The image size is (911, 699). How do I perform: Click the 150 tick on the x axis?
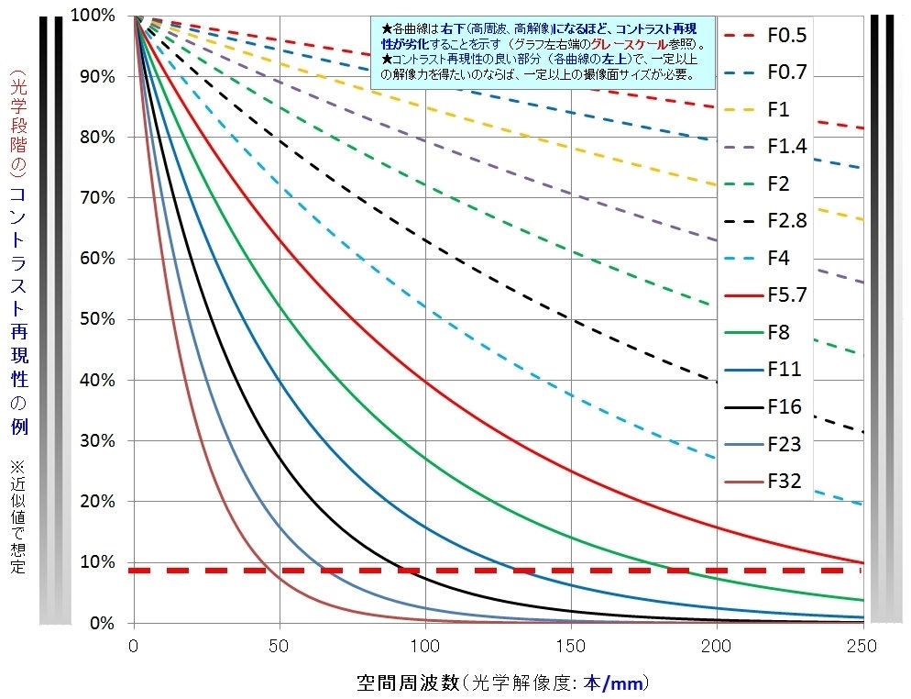(x=571, y=647)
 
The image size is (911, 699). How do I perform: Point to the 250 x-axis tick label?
(x=862, y=647)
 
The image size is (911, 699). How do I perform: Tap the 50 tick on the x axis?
(x=280, y=647)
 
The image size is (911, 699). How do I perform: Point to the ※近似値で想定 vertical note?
(x=17, y=514)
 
